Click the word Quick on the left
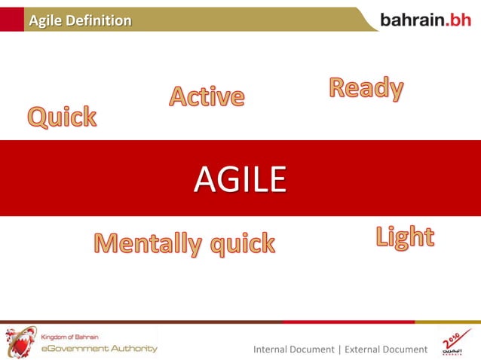pyautogui.click(x=63, y=117)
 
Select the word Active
pyautogui.click(x=207, y=96)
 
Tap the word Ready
pyautogui.click(x=366, y=89)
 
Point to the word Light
pyautogui.click(x=405, y=237)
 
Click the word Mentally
pyautogui.click(x=148, y=243)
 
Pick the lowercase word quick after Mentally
pyautogui.click(x=242, y=244)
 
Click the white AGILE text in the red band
pyautogui.click(x=240, y=179)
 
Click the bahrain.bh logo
pyautogui.click(x=425, y=20)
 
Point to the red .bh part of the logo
pyautogui.click(x=458, y=20)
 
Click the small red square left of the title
pyautogui.click(x=11, y=20)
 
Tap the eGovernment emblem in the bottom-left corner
pyautogui.click(x=20, y=342)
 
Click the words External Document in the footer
pyautogui.click(x=385, y=349)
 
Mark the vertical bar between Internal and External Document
pyautogui.click(x=339, y=349)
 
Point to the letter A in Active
pyautogui.click(x=179, y=96)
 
